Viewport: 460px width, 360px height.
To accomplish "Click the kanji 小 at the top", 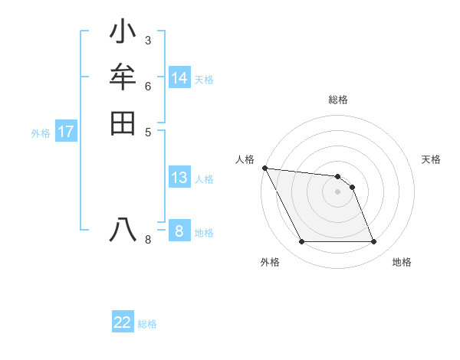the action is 123,34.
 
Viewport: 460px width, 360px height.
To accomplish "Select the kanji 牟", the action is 123,77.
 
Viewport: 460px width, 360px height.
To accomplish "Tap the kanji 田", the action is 123,123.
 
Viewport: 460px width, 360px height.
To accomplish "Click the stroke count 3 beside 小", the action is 147,40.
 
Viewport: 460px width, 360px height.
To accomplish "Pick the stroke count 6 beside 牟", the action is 147,86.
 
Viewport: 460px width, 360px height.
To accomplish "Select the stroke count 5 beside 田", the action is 147,131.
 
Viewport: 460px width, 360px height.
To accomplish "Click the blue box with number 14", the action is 179,78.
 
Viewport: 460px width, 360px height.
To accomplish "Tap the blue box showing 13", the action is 179,178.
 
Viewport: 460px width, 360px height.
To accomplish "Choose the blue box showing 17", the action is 66,132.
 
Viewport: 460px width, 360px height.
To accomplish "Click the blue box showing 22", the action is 123,322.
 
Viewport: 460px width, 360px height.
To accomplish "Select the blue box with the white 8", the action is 179,231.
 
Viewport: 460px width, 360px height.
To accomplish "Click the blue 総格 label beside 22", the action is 147,324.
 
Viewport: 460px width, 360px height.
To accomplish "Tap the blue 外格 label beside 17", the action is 41,133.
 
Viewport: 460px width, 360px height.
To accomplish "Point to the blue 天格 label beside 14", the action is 204,80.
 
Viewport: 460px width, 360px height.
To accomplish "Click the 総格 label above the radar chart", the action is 338,100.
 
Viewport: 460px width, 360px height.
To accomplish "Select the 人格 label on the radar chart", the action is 245,159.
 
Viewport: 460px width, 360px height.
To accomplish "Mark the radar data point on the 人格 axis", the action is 264,168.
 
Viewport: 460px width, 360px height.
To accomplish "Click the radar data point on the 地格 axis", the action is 374,242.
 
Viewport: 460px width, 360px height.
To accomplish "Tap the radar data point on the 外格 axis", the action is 302,242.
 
